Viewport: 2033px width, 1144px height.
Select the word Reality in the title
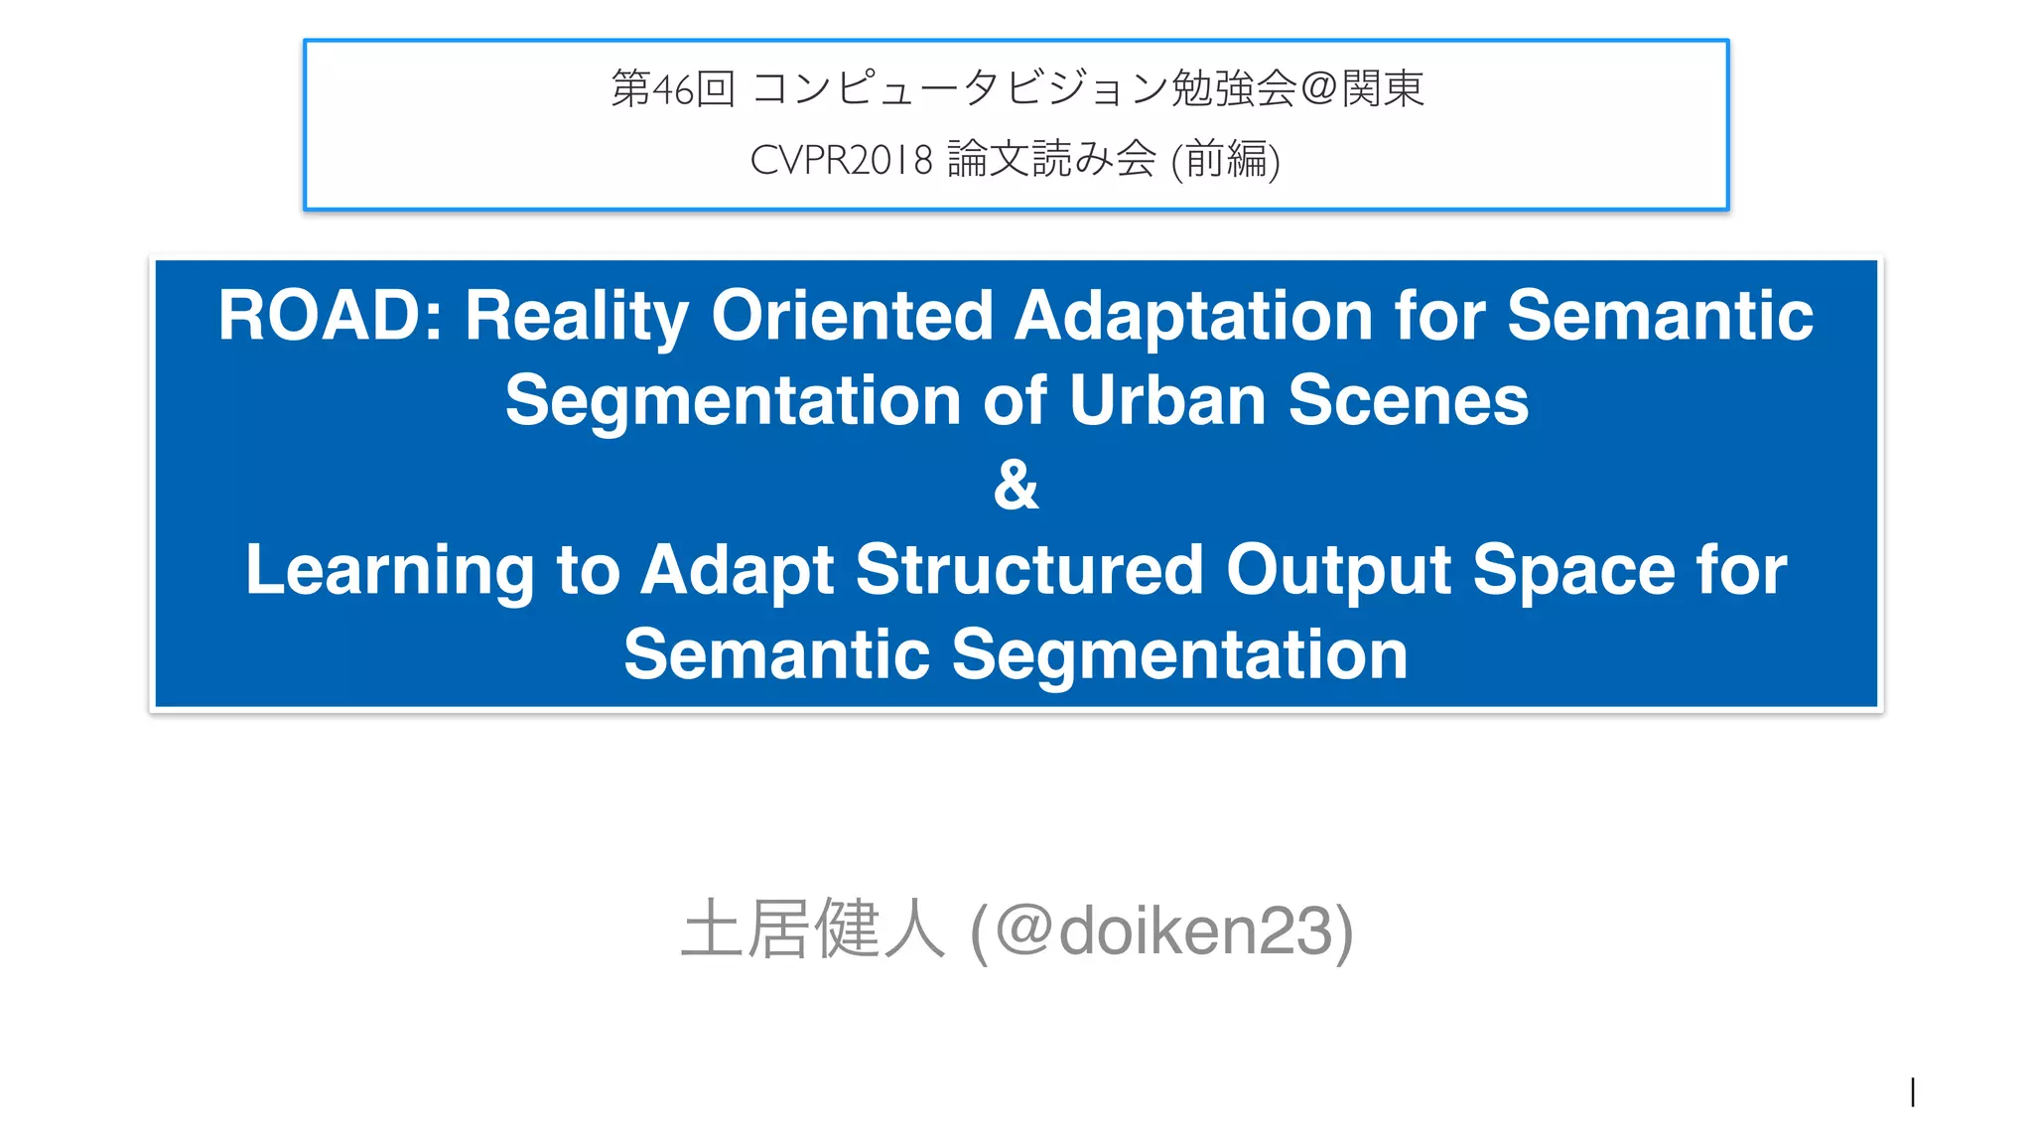(x=576, y=317)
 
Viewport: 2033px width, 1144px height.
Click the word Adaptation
(x=1192, y=317)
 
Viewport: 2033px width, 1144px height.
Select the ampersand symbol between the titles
(x=1016, y=486)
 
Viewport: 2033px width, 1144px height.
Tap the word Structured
(x=1029, y=571)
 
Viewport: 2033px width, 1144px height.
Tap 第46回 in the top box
(x=672, y=89)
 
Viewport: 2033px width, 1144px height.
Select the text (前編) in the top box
(x=1226, y=160)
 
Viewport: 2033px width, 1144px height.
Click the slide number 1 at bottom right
(x=1912, y=1092)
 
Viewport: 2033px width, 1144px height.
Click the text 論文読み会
(x=1051, y=160)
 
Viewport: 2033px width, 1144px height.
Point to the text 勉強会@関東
(x=1296, y=89)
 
